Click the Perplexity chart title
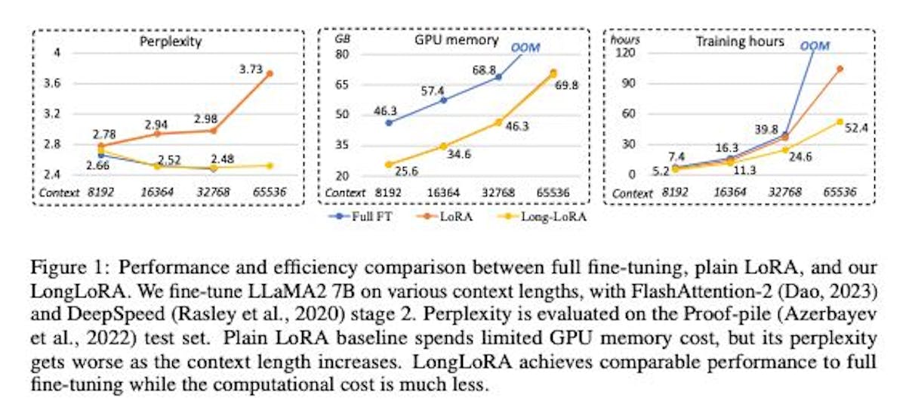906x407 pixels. point(171,42)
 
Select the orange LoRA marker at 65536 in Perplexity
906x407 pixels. point(270,74)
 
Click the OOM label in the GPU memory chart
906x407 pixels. point(525,48)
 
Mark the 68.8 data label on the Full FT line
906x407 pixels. point(485,69)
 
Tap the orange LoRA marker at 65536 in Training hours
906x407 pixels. point(839,69)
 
